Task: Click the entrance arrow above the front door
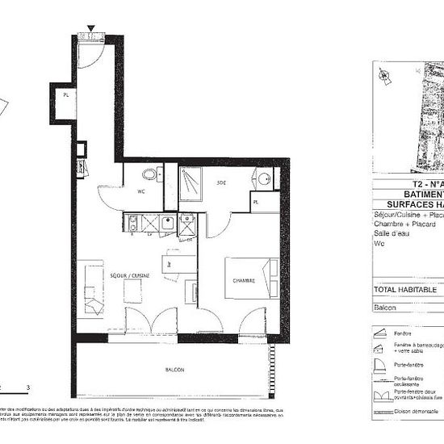(91, 29)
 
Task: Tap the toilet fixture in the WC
(149, 175)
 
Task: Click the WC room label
(140, 192)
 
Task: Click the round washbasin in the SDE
(264, 178)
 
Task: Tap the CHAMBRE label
(244, 281)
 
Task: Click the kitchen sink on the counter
(167, 224)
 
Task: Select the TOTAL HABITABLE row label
(404, 289)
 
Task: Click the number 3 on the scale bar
(28, 388)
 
